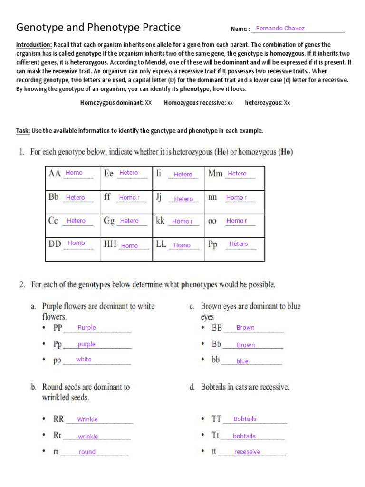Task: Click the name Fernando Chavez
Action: point(280,29)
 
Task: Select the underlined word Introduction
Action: point(34,44)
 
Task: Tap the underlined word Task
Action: point(23,130)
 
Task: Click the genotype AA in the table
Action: point(55,174)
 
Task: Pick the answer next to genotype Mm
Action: point(237,174)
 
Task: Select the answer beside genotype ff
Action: point(129,197)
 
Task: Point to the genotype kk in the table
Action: point(161,221)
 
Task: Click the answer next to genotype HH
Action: point(129,246)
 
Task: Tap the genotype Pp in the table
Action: point(213,244)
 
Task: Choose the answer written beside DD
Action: point(76,243)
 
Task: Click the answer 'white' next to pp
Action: point(84,360)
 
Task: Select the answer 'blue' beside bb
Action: point(242,361)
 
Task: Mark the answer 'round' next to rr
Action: point(87,452)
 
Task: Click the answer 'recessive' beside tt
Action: point(247,452)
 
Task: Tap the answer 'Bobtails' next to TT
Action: point(245,419)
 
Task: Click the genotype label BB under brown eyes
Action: point(217,328)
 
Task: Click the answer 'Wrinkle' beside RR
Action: point(87,419)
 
